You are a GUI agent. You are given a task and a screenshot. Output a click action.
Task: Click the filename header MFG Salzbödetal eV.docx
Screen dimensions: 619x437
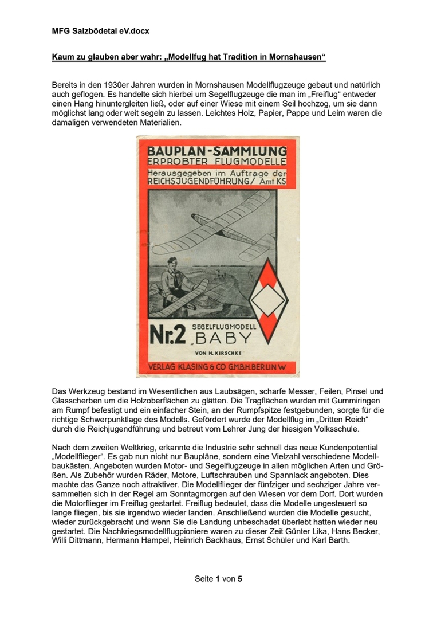(100, 31)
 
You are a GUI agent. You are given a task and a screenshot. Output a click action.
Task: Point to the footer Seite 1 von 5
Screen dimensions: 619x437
(218, 579)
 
